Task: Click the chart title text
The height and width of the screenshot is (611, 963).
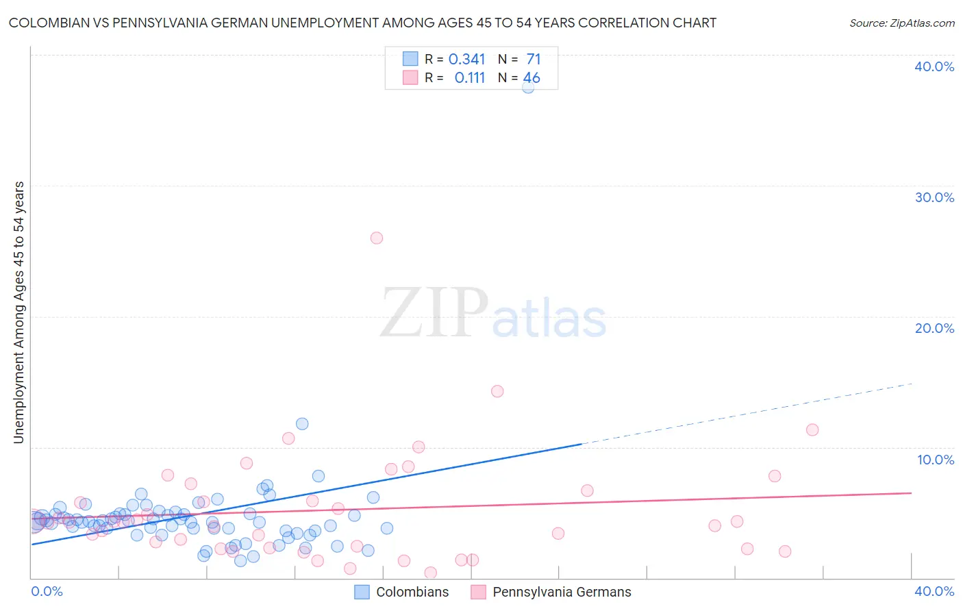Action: [x=362, y=23]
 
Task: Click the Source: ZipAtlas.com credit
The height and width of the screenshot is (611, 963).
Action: [x=901, y=23]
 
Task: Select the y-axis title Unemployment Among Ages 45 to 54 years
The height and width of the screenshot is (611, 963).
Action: [x=18, y=312]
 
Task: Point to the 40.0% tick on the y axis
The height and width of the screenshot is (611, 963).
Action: [x=934, y=66]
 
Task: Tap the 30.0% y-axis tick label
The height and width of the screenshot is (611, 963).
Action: [x=934, y=197]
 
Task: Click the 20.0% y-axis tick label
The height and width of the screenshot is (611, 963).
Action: [x=934, y=328]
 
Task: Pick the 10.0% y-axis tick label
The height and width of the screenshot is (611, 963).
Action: [x=936, y=460]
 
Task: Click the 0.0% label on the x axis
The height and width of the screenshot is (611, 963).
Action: [x=47, y=591]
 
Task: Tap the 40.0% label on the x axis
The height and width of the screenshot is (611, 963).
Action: [x=934, y=591]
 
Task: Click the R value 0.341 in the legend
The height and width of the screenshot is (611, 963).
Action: [x=466, y=60]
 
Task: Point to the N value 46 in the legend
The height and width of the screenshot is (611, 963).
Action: [x=531, y=78]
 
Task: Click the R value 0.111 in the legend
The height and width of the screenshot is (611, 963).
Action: [x=469, y=78]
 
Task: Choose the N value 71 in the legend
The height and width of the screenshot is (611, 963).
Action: [x=533, y=60]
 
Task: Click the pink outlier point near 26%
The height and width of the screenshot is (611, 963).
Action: [x=376, y=238]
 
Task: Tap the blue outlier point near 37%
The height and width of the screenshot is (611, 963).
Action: [x=528, y=87]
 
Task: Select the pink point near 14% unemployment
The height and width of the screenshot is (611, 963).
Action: [x=497, y=391]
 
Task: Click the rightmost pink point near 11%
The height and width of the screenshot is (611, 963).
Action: [x=812, y=430]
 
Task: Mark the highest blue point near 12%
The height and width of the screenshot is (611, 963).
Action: [x=302, y=424]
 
